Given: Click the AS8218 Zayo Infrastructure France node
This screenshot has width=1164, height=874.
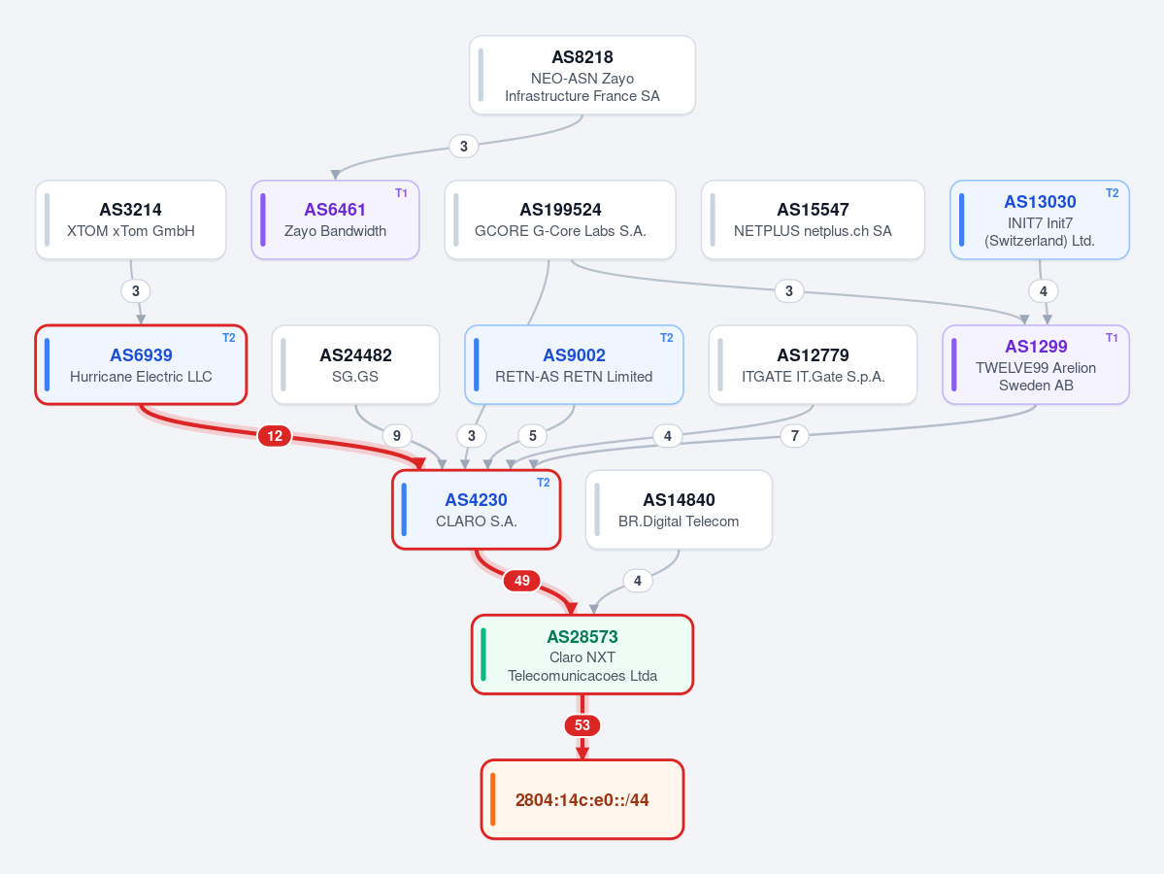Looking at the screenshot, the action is [x=582, y=75].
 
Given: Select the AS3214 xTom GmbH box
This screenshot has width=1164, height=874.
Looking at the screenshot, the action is [x=131, y=219].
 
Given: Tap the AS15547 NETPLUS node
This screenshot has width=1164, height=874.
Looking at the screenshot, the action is [x=813, y=219].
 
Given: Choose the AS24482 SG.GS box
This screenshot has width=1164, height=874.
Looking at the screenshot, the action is [x=355, y=364].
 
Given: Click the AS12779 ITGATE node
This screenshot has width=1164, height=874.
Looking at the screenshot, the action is [x=813, y=364].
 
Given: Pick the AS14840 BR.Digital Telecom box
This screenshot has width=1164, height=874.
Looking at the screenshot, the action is [x=679, y=510].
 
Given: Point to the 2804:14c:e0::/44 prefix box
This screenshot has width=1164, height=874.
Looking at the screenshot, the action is [x=582, y=799].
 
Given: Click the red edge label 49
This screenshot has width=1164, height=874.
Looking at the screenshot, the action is [x=522, y=581].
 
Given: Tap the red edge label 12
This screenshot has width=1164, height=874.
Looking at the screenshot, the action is [x=275, y=436].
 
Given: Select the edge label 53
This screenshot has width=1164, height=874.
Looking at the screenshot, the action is [x=582, y=725].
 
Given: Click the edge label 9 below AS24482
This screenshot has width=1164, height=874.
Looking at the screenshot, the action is [x=396, y=436].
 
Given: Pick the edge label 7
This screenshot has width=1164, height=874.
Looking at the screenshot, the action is [x=794, y=436].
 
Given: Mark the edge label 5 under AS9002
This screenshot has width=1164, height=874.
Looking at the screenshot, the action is [x=532, y=436].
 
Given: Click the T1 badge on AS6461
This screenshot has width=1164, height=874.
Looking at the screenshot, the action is [x=401, y=193].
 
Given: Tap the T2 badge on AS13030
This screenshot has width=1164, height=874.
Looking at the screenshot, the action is [x=1112, y=193].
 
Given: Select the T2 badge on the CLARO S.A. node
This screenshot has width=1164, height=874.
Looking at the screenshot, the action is [x=543, y=483].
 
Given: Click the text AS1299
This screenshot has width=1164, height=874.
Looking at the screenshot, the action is [x=1036, y=347].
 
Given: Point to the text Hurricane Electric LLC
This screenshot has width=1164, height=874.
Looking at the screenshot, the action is [x=141, y=377].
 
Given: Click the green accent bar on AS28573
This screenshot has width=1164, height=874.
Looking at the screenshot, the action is [x=483, y=655].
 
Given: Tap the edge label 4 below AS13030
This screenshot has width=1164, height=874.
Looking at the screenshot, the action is [x=1043, y=291].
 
